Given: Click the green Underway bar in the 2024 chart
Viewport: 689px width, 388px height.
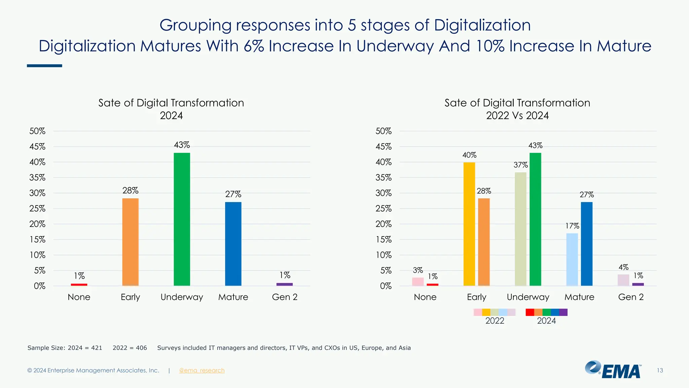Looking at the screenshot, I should pos(182,219).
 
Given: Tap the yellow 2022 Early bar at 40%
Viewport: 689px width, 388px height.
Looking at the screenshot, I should pos(469,224).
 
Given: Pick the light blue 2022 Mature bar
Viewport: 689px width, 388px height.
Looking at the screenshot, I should pos(572,259).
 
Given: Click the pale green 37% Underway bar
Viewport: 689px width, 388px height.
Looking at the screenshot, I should pos(520,229).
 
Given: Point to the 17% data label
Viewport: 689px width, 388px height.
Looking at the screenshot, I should pos(572,226).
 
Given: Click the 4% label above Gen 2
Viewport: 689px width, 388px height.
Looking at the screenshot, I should pos(623,267).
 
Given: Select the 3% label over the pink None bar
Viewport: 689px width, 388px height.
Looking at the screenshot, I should pos(418,270).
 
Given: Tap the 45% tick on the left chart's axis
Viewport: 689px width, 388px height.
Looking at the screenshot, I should pos(37,147).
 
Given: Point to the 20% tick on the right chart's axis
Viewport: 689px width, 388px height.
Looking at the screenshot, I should pos(384,224).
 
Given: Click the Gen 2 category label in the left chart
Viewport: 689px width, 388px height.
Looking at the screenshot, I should pos(285,297).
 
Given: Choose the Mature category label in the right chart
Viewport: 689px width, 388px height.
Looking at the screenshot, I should pos(579,297).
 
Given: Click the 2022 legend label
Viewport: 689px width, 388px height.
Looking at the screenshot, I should pos(495,321).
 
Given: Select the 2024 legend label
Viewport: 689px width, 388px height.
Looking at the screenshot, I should pos(546,321).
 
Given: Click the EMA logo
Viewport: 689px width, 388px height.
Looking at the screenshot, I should pos(613,370).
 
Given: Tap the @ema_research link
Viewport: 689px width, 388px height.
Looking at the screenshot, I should pos(202,370).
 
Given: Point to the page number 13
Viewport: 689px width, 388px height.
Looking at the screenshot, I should pos(660,370).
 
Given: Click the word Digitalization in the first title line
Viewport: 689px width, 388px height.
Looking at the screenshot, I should pos(482,25).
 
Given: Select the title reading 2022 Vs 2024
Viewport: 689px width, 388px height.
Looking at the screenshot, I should pos(517,116).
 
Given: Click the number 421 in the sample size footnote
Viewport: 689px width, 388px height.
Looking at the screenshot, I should pos(97,348).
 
